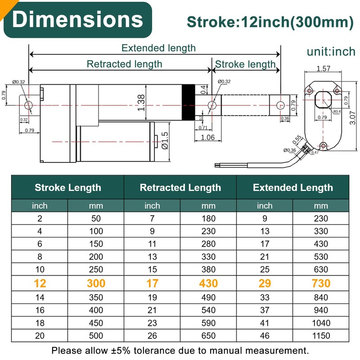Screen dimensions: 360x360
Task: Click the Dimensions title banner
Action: [x=77, y=20]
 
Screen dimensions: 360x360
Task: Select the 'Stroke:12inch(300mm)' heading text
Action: [x=270, y=22]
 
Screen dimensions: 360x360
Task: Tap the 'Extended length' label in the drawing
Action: [x=158, y=48]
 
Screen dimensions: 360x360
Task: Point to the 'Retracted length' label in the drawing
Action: [x=124, y=64]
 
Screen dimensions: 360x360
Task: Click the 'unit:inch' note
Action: [x=331, y=52]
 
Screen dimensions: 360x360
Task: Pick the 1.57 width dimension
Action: [x=323, y=69]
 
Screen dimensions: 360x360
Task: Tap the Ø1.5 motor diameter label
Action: [x=165, y=140]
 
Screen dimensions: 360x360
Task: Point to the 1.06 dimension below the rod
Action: [x=207, y=137]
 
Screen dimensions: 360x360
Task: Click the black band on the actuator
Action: [x=188, y=102]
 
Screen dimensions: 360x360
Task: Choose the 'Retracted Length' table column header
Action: [x=180, y=188]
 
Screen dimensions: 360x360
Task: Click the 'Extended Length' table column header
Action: [x=292, y=188]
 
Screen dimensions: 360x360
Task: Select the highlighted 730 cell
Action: [x=320, y=283]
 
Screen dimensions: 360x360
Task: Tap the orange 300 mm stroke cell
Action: [x=95, y=283]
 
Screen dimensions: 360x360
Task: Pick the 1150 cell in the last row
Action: [x=320, y=336]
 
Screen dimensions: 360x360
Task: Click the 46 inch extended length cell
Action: [x=265, y=336]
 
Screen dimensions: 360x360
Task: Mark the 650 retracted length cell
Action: [x=208, y=336]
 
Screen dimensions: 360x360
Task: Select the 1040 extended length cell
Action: [x=320, y=323]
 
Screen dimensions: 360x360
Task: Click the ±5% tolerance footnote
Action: [x=180, y=350]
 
